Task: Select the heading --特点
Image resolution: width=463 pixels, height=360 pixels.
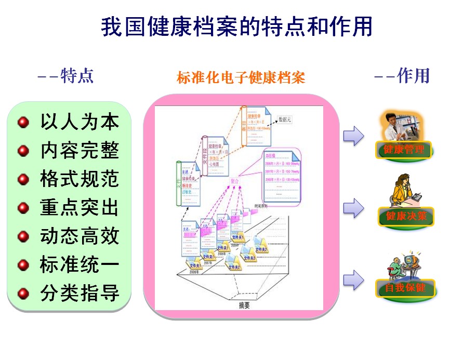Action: tap(65, 76)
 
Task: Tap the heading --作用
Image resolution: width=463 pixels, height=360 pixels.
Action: tap(402, 76)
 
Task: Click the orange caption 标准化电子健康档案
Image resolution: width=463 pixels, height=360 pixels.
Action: tap(241, 78)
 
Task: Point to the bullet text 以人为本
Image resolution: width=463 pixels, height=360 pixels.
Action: tap(80, 122)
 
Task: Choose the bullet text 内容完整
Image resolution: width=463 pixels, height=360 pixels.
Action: tap(80, 151)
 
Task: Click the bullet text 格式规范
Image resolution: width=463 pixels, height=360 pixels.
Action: tap(80, 179)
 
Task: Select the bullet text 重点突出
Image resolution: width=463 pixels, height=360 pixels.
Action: tap(80, 208)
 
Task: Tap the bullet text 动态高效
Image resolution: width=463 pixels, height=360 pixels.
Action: tap(80, 236)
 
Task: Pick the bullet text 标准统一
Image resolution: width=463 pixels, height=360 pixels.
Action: tap(80, 265)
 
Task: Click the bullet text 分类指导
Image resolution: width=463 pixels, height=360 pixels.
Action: tap(80, 294)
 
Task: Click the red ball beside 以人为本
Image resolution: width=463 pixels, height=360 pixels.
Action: tap(23, 123)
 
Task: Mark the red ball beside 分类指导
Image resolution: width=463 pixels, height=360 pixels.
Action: tap(23, 294)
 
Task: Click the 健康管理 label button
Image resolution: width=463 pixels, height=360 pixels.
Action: tap(404, 150)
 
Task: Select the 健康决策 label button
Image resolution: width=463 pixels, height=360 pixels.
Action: tap(406, 216)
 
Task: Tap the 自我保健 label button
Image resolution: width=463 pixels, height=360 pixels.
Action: tap(405, 287)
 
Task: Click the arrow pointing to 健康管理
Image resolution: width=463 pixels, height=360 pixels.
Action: tap(353, 136)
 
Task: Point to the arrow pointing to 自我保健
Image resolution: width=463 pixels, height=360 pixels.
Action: tap(353, 280)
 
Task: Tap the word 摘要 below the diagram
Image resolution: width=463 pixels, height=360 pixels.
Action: tap(244, 305)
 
